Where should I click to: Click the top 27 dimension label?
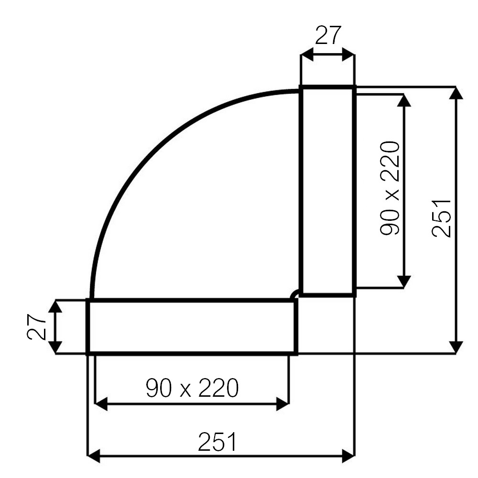tap(328, 35)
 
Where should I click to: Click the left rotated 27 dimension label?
tap(36, 327)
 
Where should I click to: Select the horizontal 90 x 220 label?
tap(192, 388)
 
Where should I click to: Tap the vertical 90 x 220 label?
tap(390, 188)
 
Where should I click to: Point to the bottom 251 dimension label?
tap(217, 442)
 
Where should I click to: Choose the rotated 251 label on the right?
tap(441, 218)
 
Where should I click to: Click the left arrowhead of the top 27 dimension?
tap(307, 54)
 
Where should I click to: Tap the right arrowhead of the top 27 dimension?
tap(348, 54)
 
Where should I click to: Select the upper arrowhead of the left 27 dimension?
tap(55, 307)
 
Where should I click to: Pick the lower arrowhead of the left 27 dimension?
tap(55, 348)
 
